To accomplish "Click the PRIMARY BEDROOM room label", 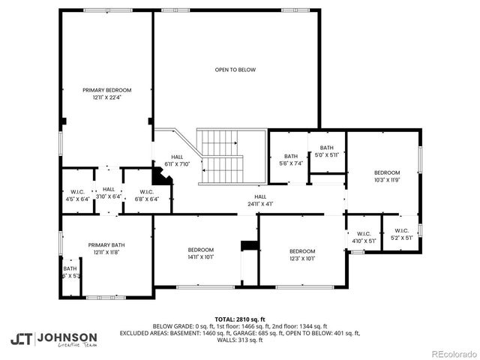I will pyautogui.click(x=106, y=90).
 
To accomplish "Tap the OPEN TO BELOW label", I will pyautogui.click(x=235, y=70).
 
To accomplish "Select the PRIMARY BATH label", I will pyautogui.click(x=106, y=245).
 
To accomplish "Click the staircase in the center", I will pyautogui.click(x=220, y=156).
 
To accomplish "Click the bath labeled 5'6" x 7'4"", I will pyautogui.click(x=291, y=159).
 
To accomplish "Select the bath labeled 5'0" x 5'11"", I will pyautogui.click(x=326, y=151).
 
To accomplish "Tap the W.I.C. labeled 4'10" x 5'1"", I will pyautogui.click(x=364, y=235).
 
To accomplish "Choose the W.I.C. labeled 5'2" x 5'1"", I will pyautogui.click(x=401, y=234).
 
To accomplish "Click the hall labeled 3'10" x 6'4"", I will pyautogui.click(x=109, y=193).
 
